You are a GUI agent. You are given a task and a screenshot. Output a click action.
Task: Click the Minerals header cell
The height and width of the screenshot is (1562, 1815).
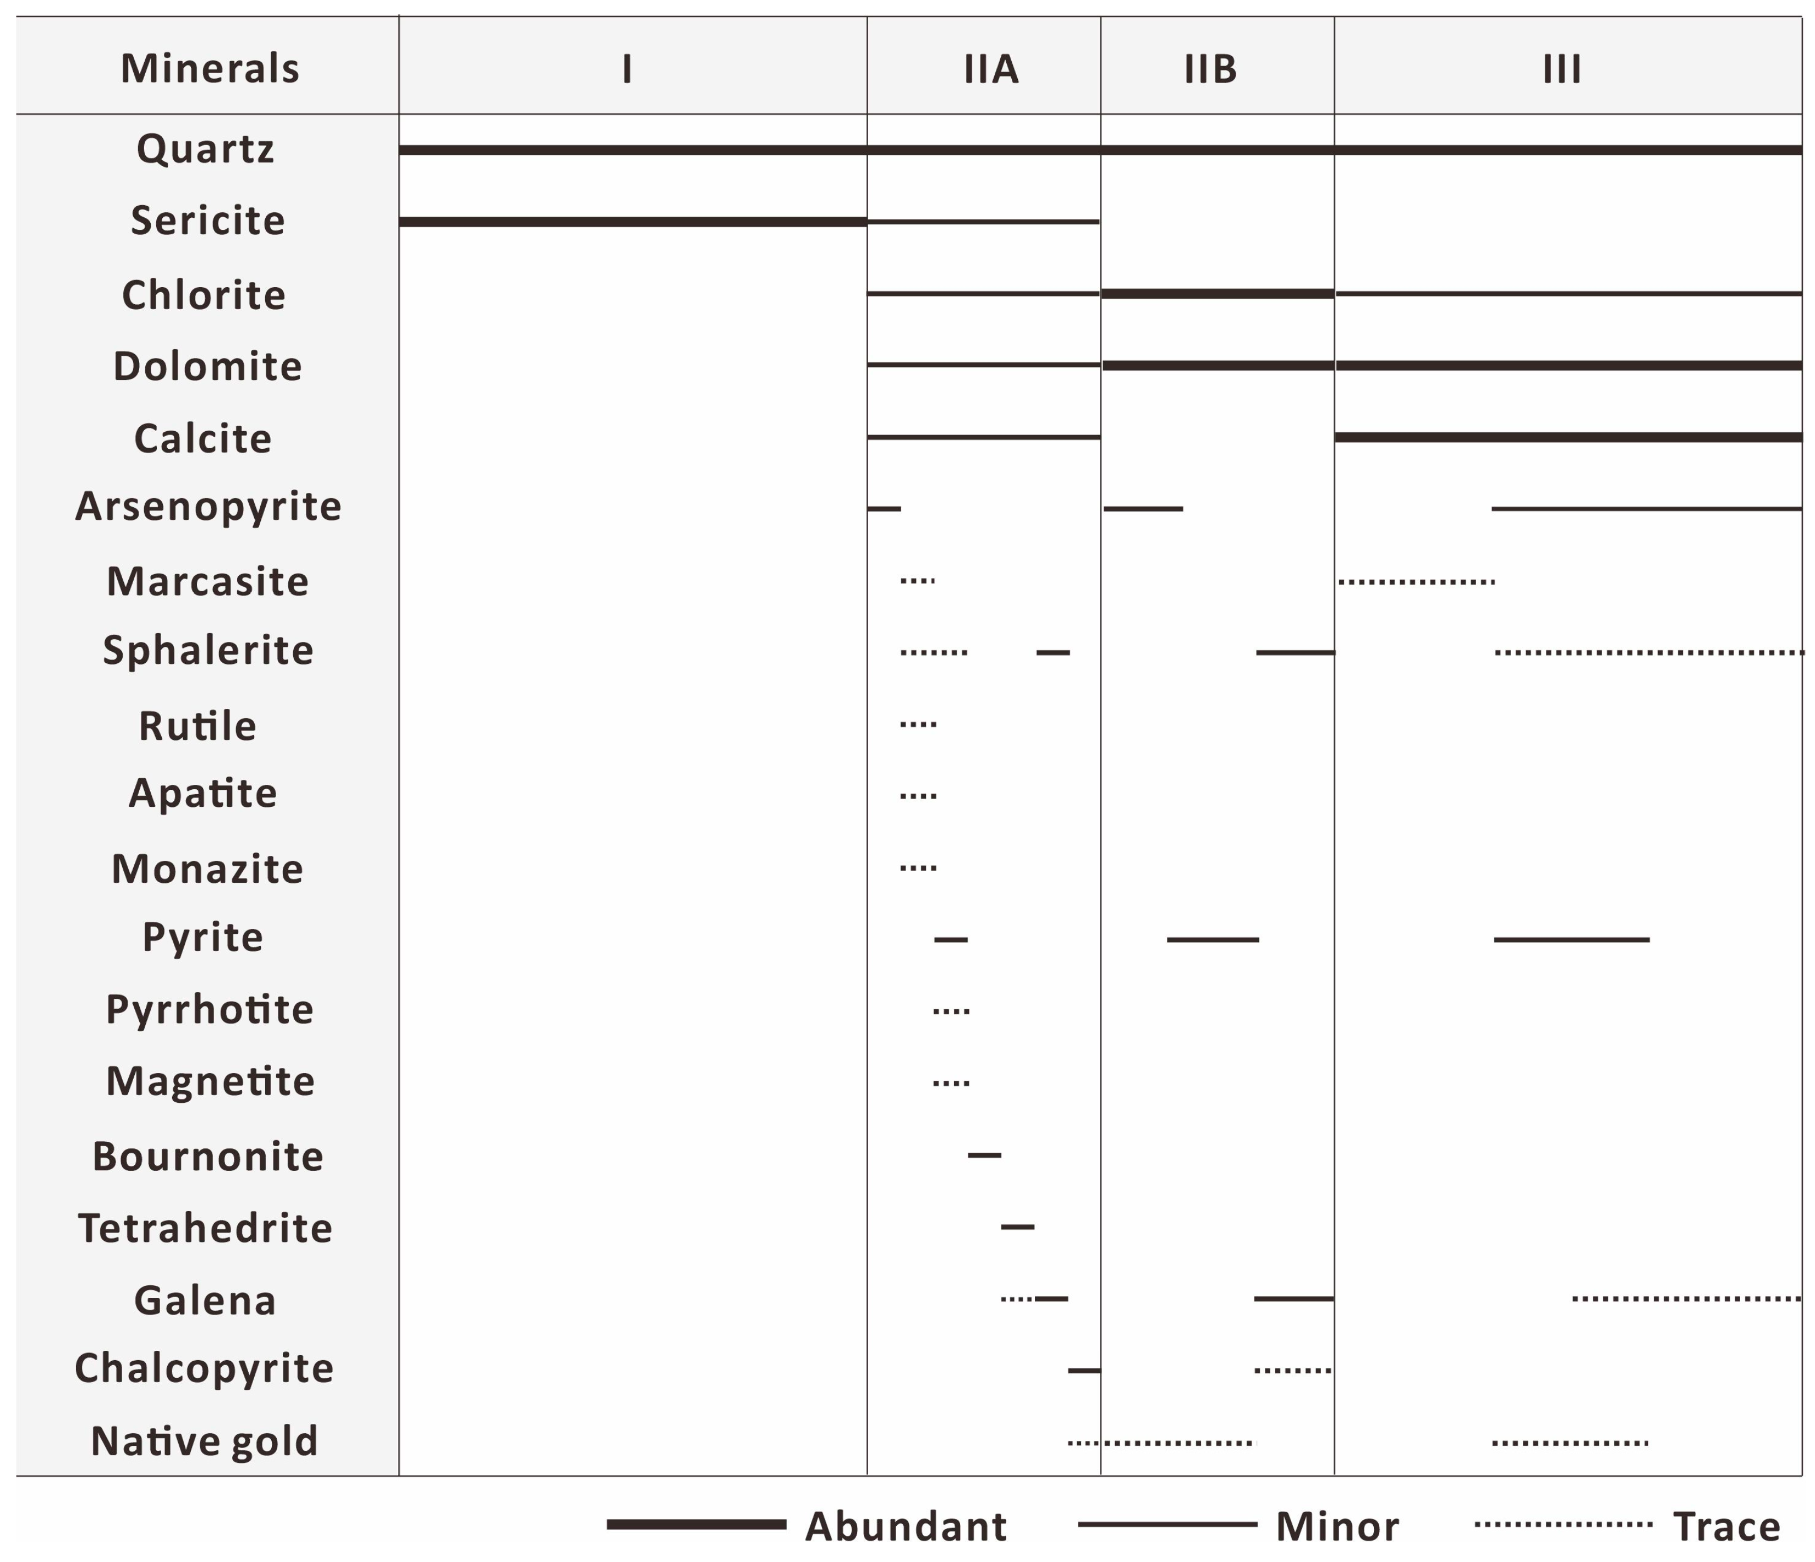(x=210, y=68)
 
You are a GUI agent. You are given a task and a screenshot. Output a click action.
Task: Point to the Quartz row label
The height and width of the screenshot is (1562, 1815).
(x=205, y=149)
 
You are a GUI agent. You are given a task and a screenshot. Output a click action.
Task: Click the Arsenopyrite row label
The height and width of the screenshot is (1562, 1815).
(x=207, y=506)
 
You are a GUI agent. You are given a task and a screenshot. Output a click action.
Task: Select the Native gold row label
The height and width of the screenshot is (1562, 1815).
(x=204, y=1441)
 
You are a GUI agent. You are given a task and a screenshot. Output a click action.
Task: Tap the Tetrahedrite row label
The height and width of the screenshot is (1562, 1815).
(x=205, y=1228)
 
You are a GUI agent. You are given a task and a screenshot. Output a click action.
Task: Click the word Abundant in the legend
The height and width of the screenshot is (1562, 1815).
(x=906, y=1527)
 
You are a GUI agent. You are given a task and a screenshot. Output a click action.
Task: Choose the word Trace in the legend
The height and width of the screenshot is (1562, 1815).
(x=1726, y=1527)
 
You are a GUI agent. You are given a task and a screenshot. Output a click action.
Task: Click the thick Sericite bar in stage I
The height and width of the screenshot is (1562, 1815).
(x=633, y=222)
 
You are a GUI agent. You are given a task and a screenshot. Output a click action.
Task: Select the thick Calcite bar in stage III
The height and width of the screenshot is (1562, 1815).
(x=1568, y=437)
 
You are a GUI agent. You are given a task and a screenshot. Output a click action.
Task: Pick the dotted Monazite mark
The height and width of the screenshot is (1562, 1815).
(x=918, y=868)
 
